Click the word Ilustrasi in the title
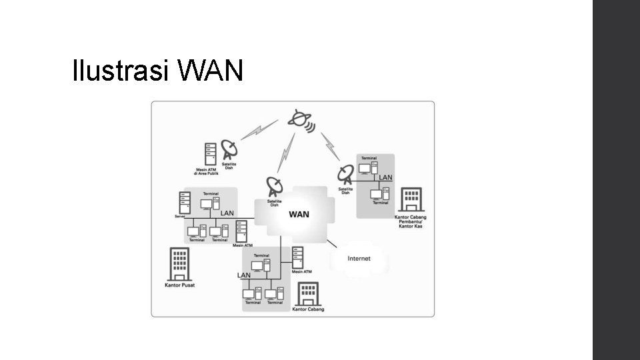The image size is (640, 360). pyautogui.click(x=120, y=71)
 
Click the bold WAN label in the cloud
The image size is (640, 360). pyautogui.click(x=298, y=215)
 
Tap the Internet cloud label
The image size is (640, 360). pyautogui.click(x=359, y=258)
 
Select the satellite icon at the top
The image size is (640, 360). pyautogui.click(x=300, y=120)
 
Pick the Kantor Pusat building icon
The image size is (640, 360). pyautogui.click(x=179, y=265)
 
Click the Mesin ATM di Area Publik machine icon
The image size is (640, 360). pyautogui.click(x=211, y=154)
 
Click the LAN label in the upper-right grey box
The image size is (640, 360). pyautogui.click(x=385, y=177)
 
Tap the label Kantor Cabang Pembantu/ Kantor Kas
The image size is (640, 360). pyautogui.click(x=410, y=222)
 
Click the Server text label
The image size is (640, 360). pyautogui.click(x=179, y=216)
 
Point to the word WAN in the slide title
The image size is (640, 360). pyautogui.click(x=211, y=71)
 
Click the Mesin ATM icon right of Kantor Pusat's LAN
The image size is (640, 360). pyautogui.click(x=241, y=233)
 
